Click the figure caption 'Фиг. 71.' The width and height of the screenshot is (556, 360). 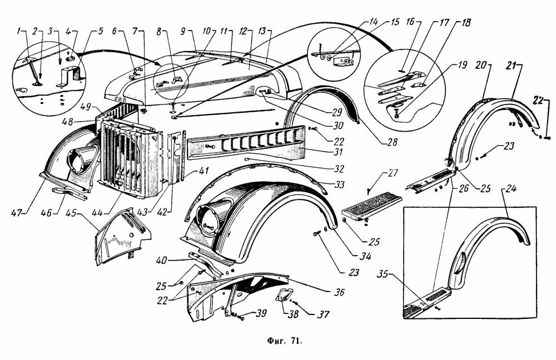tap(284, 341)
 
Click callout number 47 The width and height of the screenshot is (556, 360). tap(17, 213)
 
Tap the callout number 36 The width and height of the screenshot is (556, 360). tap(339, 292)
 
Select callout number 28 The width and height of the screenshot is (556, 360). tap(392, 142)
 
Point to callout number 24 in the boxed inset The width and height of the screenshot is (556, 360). tap(511, 188)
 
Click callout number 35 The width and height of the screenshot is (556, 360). tap(383, 274)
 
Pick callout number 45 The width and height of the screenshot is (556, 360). tap(71, 213)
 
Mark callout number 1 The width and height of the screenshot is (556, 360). tap(18, 32)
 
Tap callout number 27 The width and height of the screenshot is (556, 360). tap(393, 173)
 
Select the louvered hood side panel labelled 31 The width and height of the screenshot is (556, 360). tap(245, 142)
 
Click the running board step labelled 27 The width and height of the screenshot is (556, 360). tap(371, 207)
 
